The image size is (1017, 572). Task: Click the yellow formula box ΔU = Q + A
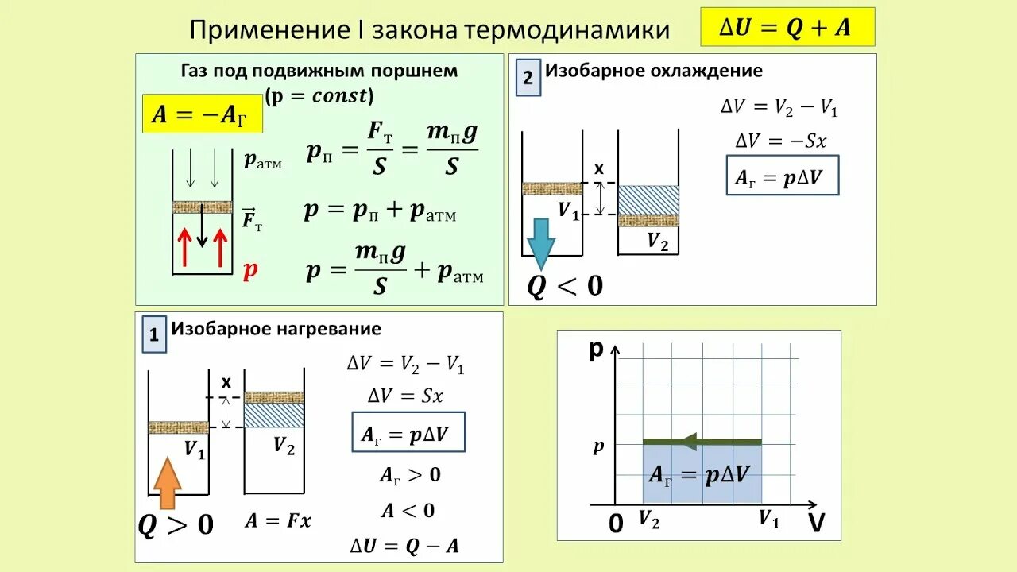(x=787, y=28)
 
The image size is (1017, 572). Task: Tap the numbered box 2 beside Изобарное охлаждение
(x=528, y=79)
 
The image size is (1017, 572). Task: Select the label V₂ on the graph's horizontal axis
(x=650, y=520)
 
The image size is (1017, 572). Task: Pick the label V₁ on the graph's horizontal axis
(x=768, y=520)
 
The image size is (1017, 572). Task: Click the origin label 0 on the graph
(x=616, y=524)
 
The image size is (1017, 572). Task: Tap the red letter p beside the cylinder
(x=250, y=270)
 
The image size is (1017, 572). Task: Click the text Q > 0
(x=176, y=524)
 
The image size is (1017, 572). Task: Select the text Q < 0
(x=565, y=285)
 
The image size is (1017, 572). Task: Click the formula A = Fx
(x=278, y=521)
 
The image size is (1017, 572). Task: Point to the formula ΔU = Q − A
(x=404, y=545)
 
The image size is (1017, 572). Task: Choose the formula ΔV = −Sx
(x=781, y=141)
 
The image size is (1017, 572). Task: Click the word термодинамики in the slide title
(x=567, y=30)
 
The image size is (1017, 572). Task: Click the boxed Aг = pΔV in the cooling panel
(x=783, y=180)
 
